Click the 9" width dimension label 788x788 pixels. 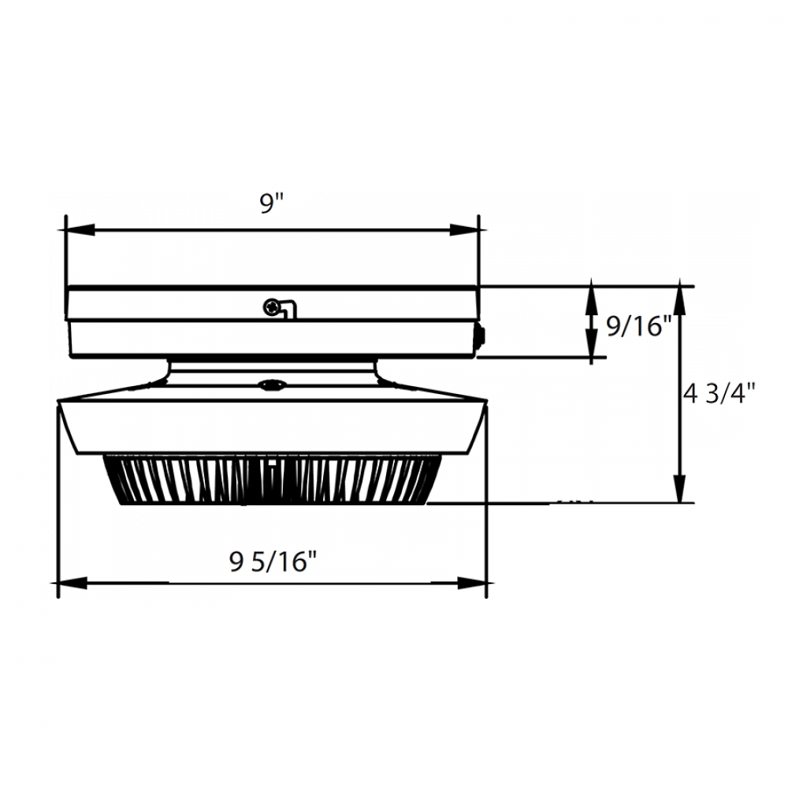tap(270, 203)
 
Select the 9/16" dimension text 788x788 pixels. tap(637, 325)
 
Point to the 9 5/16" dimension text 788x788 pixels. tap(273, 562)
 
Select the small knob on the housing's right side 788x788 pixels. tap(480, 336)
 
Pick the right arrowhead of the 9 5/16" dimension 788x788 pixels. tap(470, 583)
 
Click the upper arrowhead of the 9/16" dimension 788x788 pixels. tap(590, 299)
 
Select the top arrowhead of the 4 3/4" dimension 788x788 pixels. tap(680, 300)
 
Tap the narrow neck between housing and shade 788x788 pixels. tap(272, 374)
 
